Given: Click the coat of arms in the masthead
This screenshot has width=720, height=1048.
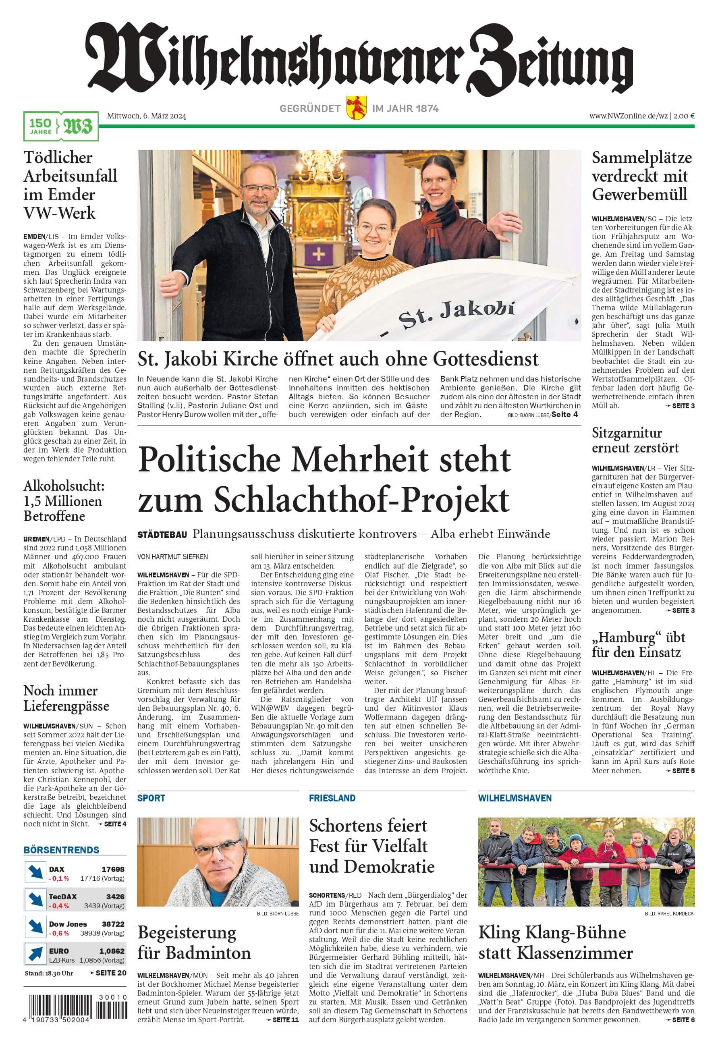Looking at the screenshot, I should [x=356, y=107].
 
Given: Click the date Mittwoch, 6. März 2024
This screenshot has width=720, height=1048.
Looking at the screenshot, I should [x=146, y=116].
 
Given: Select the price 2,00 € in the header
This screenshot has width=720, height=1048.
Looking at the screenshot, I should [x=685, y=116].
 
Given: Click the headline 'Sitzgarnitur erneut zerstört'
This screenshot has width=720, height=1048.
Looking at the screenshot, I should [x=635, y=440].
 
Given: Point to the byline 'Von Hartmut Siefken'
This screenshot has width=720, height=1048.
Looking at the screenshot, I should [x=172, y=557].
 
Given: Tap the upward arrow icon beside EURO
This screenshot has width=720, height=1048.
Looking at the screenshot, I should [x=35, y=954].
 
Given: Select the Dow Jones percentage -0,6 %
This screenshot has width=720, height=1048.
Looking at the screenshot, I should [x=59, y=933].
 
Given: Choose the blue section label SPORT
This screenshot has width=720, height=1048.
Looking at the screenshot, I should [x=151, y=798].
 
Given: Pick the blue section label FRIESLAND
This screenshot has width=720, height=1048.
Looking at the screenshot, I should [x=332, y=798].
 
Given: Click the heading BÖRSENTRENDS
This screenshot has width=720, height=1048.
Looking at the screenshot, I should [x=61, y=850].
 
